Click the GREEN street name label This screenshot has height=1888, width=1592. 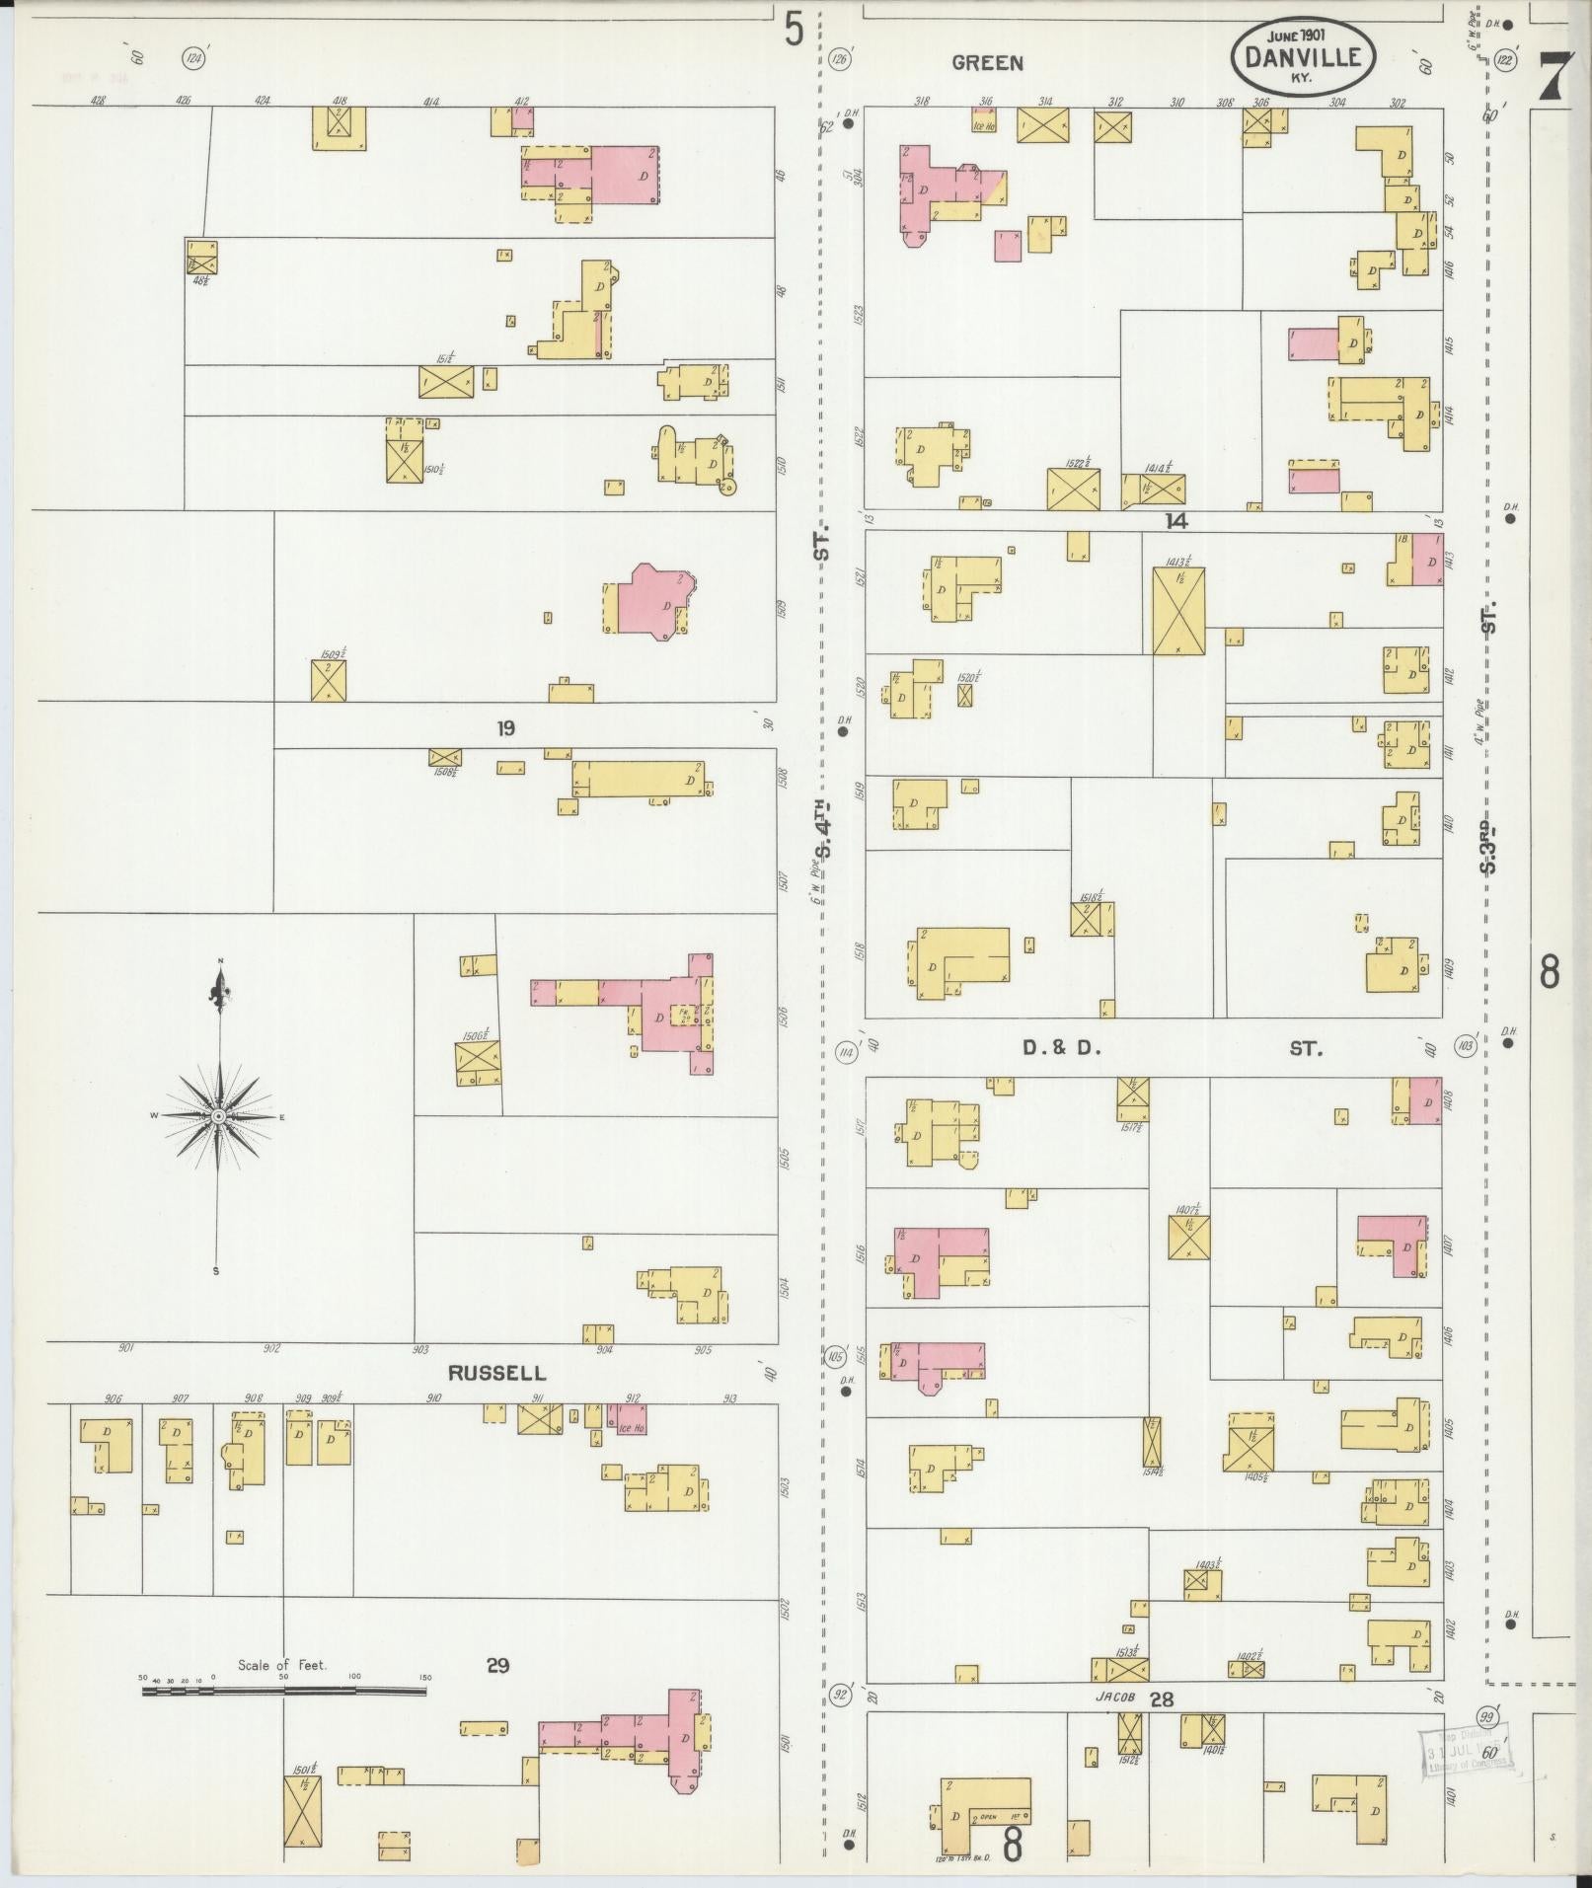(x=987, y=63)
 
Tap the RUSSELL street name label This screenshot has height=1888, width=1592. (x=496, y=1373)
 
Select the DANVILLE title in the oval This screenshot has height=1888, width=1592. (x=1302, y=58)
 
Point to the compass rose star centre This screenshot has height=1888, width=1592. (x=218, y=1116)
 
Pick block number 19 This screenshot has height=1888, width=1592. (x=505, y=729)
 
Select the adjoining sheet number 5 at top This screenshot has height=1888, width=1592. (x=794, y=30)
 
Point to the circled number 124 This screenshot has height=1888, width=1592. (x=194, y=60)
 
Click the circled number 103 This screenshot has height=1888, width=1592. (x=1466, y=1046)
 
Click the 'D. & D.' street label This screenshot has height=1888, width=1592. (x=1061, y=1049)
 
